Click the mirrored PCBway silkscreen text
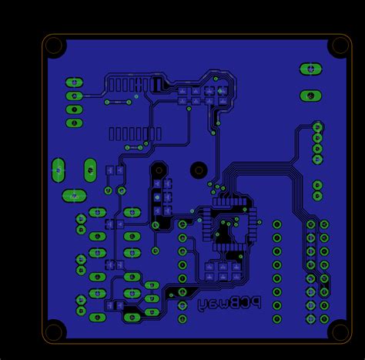tap(229, 303)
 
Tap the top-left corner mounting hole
tap(54, 45)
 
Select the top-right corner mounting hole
tap(340, 45)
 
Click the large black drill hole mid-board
tap(199, 170)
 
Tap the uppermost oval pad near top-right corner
tap(310, 69)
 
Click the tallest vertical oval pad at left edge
tap(59, 170)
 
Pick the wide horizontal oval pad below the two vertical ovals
tap(74, 196)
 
